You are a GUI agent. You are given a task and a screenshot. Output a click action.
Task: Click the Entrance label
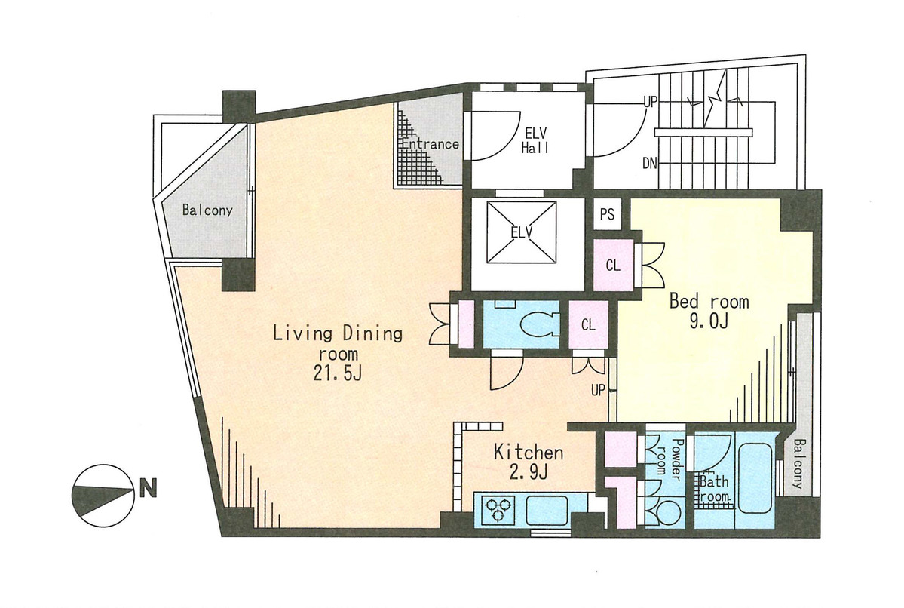430,143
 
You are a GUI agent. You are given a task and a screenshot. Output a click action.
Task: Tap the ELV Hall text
535,141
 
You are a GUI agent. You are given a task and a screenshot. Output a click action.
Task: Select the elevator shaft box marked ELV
522,232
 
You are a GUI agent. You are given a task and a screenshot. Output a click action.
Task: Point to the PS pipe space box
607,214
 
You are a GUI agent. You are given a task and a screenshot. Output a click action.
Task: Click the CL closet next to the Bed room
614,266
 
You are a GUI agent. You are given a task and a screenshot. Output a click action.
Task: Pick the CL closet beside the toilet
588,325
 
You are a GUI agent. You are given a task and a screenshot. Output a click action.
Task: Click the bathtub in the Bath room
755,477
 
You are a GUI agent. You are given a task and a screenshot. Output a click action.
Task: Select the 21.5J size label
338,373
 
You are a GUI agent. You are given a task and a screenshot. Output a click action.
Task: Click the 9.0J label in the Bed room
709,321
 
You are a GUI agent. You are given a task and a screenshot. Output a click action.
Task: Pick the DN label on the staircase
650,164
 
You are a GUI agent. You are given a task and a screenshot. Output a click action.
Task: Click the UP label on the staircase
651,103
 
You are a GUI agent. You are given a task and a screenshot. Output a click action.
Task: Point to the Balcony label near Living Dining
207,210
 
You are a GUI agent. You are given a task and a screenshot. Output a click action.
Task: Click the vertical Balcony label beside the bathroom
798,464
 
